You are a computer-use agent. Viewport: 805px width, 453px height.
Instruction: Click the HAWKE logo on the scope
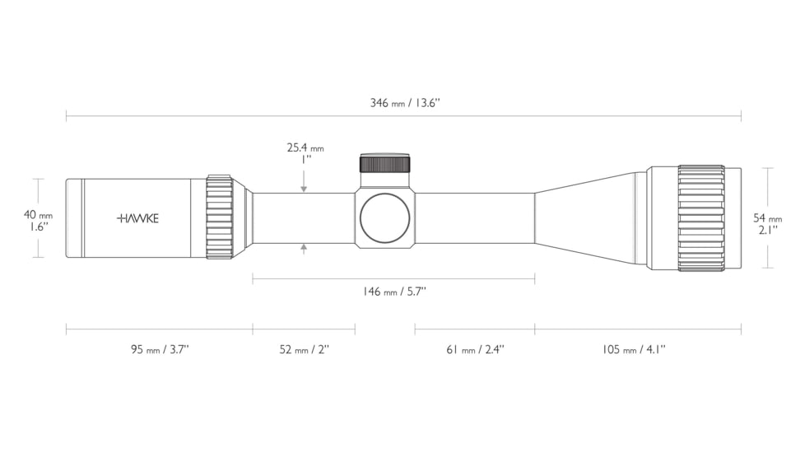tap(138, 218)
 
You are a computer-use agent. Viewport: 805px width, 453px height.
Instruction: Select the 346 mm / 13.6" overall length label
tap(405, 103)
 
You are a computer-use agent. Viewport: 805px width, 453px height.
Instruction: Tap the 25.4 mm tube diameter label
tap(305, 148)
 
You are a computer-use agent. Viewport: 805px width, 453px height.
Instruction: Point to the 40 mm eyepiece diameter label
tap(38, 215)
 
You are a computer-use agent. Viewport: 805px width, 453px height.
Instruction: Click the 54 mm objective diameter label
tap(767, 217)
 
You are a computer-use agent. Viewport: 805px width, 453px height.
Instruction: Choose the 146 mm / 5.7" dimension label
tap(394, 292)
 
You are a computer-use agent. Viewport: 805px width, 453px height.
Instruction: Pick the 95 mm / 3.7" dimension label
tap(160, 349)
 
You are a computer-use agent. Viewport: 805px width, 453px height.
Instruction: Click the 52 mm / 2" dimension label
tap(304, 349)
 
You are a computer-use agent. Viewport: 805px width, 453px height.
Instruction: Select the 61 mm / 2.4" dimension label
tap(475, 349)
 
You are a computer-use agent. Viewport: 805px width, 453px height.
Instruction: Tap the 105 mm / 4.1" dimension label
tap(634, 349)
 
